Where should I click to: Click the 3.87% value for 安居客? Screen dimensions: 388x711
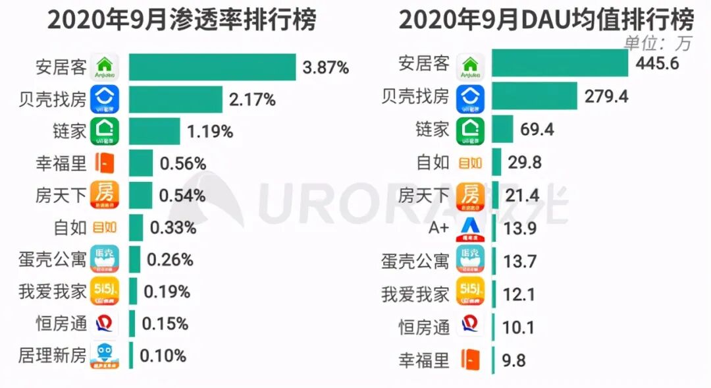325,67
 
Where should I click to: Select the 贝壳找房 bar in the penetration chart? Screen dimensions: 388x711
175,99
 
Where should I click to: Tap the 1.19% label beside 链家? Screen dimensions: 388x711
210,131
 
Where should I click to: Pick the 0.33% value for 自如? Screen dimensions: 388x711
173,228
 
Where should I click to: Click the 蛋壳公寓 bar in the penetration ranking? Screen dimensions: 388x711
134,260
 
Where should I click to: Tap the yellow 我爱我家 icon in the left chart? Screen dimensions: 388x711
104,291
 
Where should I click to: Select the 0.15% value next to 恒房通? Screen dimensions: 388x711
165,323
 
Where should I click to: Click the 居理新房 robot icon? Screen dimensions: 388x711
104,356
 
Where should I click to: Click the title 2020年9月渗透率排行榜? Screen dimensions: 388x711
182,20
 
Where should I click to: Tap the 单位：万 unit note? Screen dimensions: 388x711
658,43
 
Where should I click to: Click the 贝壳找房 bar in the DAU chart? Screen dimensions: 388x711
534,96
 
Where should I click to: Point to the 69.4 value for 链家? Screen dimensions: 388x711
537,129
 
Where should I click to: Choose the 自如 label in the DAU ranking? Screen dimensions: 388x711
433,162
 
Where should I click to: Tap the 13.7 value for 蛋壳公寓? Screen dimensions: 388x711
519,262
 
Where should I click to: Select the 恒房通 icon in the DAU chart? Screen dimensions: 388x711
470,327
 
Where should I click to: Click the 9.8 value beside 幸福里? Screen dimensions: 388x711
514,360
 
